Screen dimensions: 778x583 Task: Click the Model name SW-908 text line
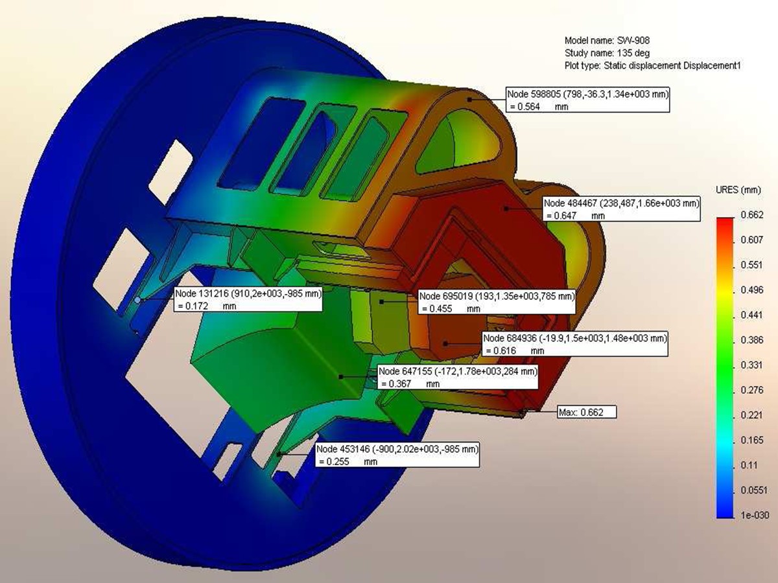[x=607, y=41]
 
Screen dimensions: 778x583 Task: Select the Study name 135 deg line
[x=607, y=53]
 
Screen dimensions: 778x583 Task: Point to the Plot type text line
[x=652, y=66]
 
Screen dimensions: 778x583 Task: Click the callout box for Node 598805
[x=587, y=100]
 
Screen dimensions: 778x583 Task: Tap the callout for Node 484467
[x=621, y=209]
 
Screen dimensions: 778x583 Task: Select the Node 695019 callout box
[x=497, y=302]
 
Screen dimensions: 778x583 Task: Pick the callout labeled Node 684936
[x=575, y=344]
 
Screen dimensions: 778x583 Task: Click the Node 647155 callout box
[x=458, y=377]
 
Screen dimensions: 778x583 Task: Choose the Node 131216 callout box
[x=248, y=299]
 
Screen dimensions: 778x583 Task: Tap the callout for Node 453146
[x=397, y=455]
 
